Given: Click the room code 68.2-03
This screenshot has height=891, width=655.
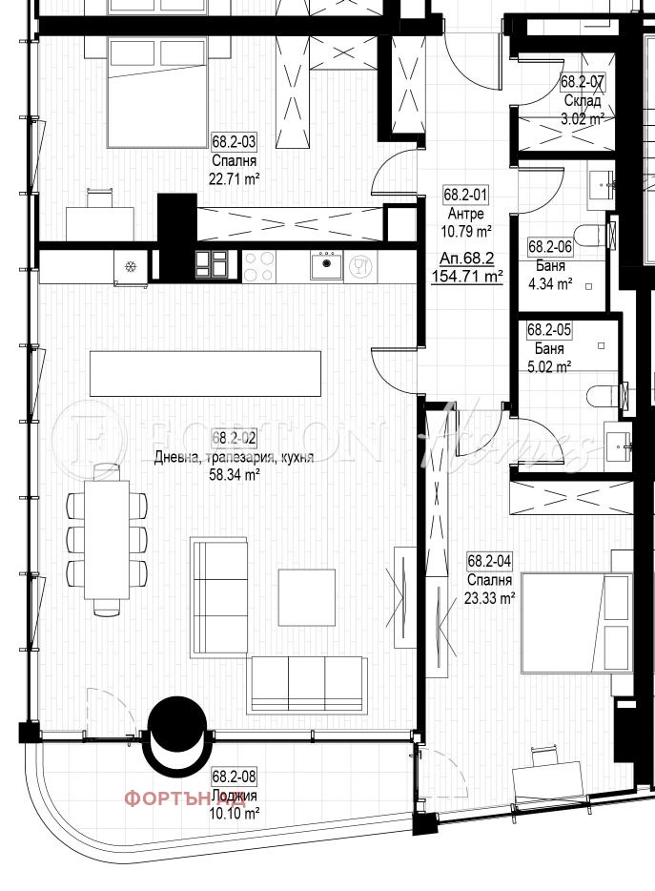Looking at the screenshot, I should [235, 142].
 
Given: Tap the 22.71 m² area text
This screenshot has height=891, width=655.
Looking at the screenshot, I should [235, 177].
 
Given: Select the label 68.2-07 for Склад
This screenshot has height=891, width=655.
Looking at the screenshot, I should [582, 82].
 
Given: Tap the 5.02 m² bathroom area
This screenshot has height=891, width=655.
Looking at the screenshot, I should [550, 365].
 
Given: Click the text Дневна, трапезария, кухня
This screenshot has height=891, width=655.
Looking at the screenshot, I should [235, 456].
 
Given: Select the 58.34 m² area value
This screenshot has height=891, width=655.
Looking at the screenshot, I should [235, 472].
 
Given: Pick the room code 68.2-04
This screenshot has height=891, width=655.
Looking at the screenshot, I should [490, 562].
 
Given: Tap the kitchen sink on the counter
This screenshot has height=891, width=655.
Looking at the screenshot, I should [326, 263].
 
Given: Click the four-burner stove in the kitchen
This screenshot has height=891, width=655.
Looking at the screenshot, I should [259, 263].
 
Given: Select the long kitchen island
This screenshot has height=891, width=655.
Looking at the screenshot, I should [205, 373].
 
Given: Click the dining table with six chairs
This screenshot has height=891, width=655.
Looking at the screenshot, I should [107, 539].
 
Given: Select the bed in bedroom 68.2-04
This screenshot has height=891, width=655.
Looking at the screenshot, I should [576, 622].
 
